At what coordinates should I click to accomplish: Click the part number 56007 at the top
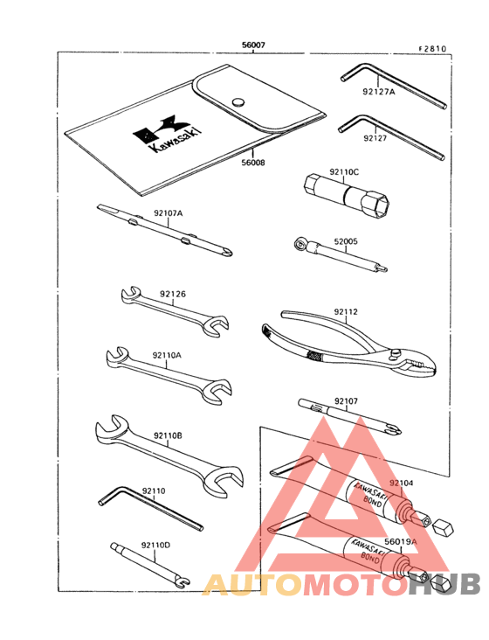(x=253, y=45)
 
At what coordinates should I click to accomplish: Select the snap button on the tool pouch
(x=238, y=102)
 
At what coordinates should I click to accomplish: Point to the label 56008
(x=252, y=162)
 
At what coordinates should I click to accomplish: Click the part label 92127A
(x=379, y=89)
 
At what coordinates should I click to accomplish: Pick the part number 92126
(x=172, y=295)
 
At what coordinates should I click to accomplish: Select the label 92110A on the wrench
(x=166, y=355)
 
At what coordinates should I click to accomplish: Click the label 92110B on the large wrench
(x=167, y=435)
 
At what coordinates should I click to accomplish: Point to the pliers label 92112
(x=346, y=310)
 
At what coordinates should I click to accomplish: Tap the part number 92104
(x=401, y=482)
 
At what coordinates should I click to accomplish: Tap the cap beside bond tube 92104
(x=441, y=528)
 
